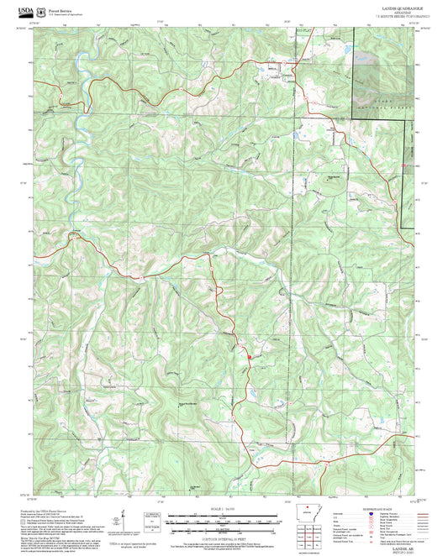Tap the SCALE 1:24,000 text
[x=224, y=509]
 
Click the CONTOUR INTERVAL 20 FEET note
[x=224, y=532]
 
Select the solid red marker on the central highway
[x=249, y=357]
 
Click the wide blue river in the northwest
[x=78, y=126]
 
